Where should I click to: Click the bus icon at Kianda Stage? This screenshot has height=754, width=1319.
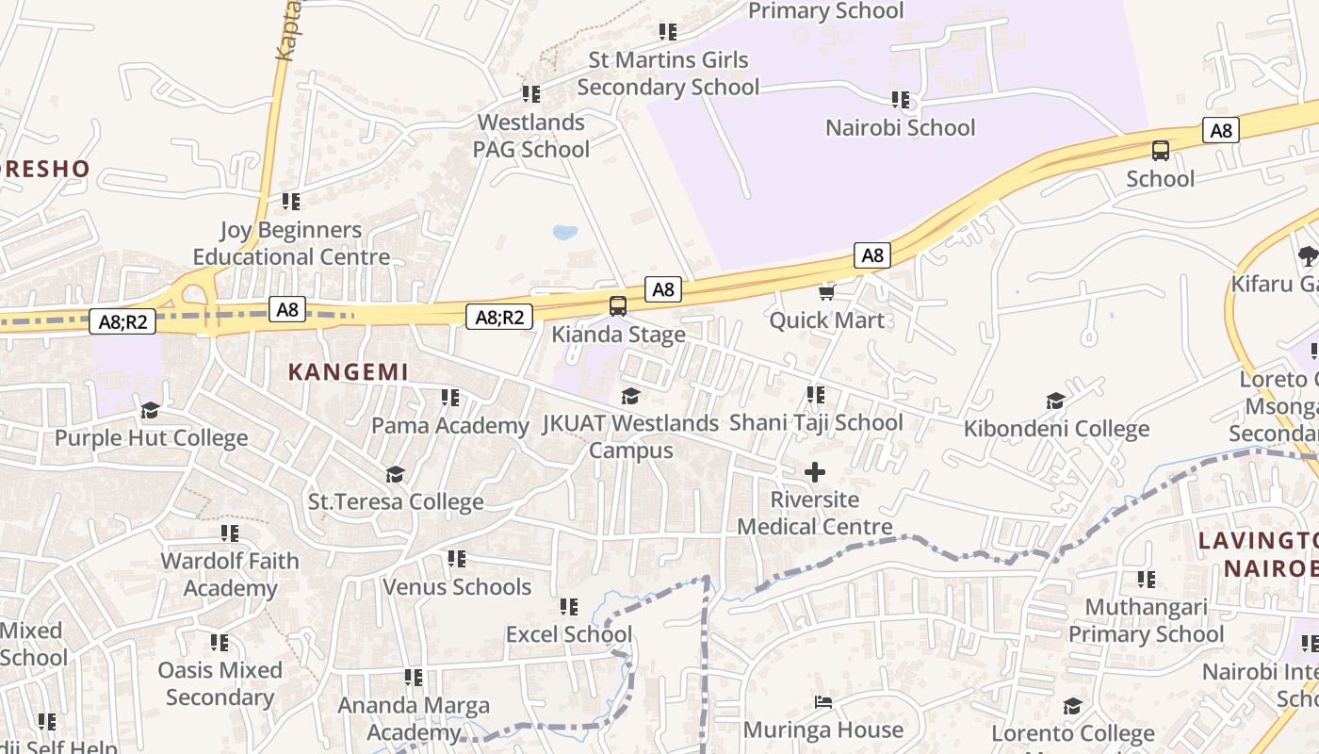pos(618,305)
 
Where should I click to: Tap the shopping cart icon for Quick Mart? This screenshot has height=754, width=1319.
pos(827,293)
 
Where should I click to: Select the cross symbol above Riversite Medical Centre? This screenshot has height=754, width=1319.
pos(815,472)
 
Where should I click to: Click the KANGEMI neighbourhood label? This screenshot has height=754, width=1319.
pos(349,372)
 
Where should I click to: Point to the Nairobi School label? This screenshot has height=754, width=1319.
pos(900,127)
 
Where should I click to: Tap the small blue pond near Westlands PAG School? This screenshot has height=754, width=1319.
pos(565,232)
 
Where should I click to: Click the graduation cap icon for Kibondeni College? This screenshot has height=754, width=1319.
pos(1056,402)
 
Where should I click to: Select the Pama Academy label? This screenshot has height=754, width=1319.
pos(450,425)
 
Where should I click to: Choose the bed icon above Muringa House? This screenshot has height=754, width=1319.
pos(823,702)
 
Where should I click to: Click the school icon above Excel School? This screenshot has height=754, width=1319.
pos(568,606)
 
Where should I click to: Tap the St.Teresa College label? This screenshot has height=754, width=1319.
pos(396,501)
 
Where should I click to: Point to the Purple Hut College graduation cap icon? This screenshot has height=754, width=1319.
pos(151,410)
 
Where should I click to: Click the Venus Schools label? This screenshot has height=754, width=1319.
pos(457,587)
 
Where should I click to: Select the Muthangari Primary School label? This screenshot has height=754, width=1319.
pos(1146,620)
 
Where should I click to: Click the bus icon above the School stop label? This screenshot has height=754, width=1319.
pos(1161,150)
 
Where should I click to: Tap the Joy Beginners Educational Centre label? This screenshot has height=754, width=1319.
pos(291,243)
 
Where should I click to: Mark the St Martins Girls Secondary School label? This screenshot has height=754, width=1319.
pos(668,74)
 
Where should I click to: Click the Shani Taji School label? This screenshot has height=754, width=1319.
pos(816,422)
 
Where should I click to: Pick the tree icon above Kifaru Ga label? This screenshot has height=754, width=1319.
pos(1308,255)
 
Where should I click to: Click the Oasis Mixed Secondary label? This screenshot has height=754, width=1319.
pos(220,683)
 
